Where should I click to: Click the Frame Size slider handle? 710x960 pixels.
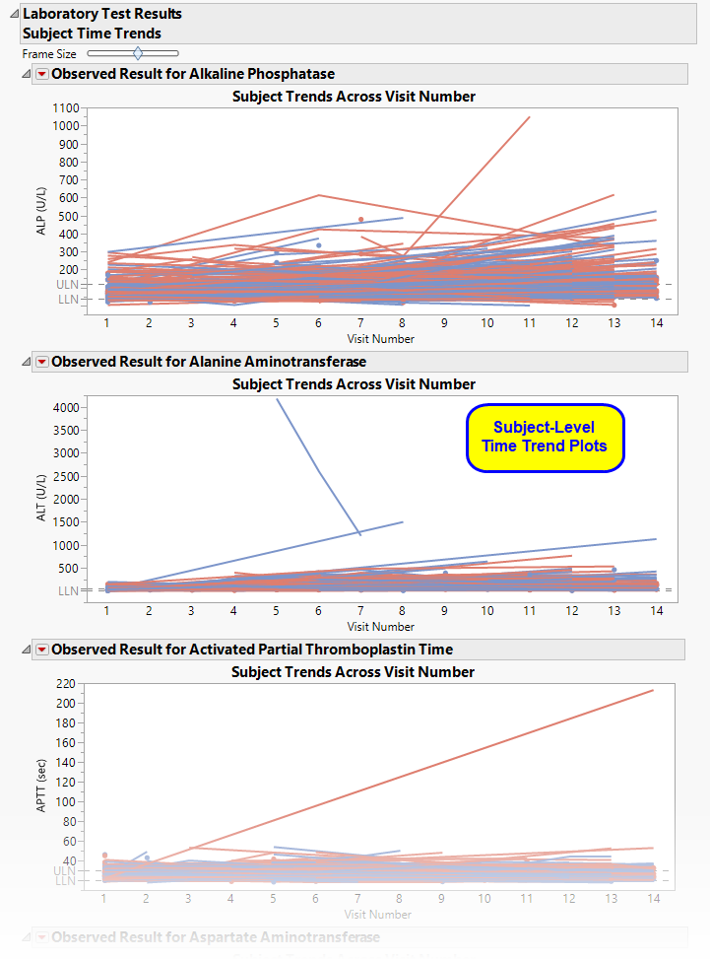click(137, 53)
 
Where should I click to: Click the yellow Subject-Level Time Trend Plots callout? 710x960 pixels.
click(545, 436)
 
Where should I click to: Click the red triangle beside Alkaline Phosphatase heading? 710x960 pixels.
click(41, 74)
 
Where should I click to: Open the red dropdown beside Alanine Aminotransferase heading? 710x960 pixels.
click(41, 362)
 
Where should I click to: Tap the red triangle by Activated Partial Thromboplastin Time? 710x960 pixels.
click(41, 650)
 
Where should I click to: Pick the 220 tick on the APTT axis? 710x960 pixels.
click(67, 683)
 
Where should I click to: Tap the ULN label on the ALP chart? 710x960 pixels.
click(65, 284)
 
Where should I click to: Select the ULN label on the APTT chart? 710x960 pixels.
click(65, 871)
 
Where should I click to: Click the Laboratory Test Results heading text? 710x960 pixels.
click(102, 14)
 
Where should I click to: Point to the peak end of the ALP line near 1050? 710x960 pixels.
click(529, 117)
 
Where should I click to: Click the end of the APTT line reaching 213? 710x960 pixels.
click(654, 690)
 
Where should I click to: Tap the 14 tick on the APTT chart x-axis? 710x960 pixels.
click(655, 899)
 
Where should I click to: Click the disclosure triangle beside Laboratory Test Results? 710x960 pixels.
click(13, 14)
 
